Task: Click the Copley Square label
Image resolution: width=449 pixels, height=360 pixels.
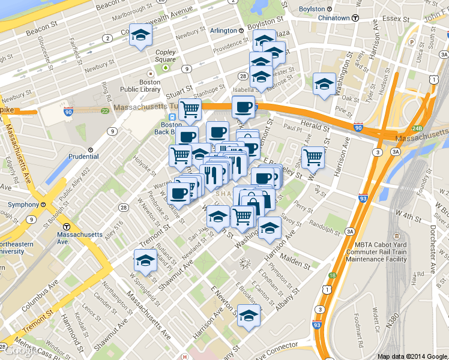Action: (165, 56)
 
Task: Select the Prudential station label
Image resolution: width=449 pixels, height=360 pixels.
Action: (83, 157)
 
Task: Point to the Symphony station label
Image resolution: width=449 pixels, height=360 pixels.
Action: (22, 204)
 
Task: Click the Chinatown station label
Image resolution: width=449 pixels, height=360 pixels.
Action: (334, 18)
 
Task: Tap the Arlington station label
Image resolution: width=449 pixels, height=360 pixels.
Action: (223, 30)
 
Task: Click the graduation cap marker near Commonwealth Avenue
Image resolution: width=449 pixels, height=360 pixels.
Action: (141, 37)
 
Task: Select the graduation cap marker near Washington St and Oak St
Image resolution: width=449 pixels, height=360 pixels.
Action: (324, 84)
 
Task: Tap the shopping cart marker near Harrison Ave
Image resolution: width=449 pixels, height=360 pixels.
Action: (313, 157)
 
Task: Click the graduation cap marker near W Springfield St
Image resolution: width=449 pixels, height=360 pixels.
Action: (145, 260)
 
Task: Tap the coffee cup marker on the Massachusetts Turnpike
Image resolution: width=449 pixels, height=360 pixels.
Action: (243, 106)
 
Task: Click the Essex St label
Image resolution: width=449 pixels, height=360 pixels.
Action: (397, 19)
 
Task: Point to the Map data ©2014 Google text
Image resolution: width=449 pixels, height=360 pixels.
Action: (412, 356)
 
